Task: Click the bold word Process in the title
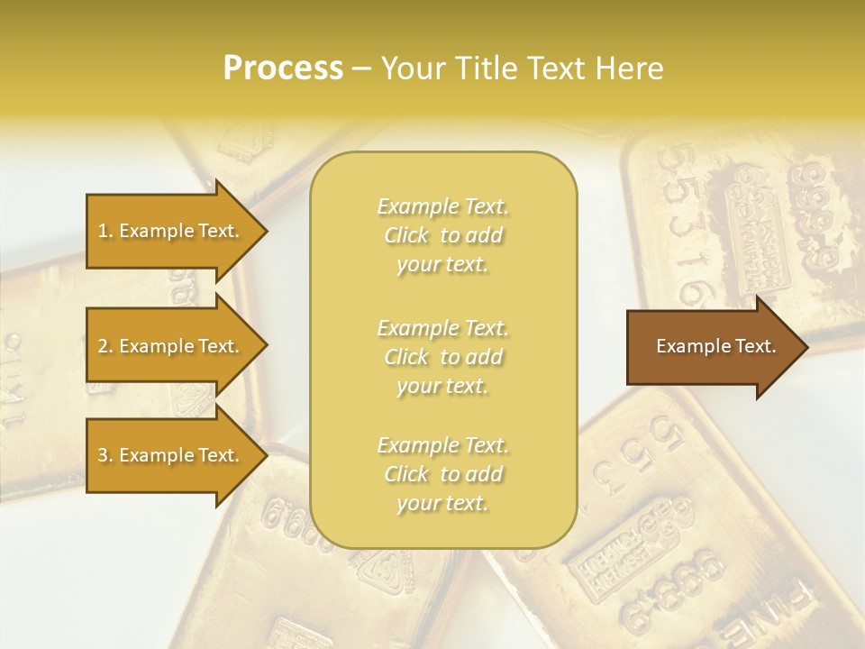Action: click(283, 68)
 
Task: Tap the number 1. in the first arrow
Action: click(105, 231)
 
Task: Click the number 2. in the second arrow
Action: click(105, 346)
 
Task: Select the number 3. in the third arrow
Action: click(105, 455)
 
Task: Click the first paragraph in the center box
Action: click(442, 235)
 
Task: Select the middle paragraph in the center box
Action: click(442, 357)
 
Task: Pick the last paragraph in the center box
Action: click(442, 474)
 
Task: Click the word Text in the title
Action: click(554, 68)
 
